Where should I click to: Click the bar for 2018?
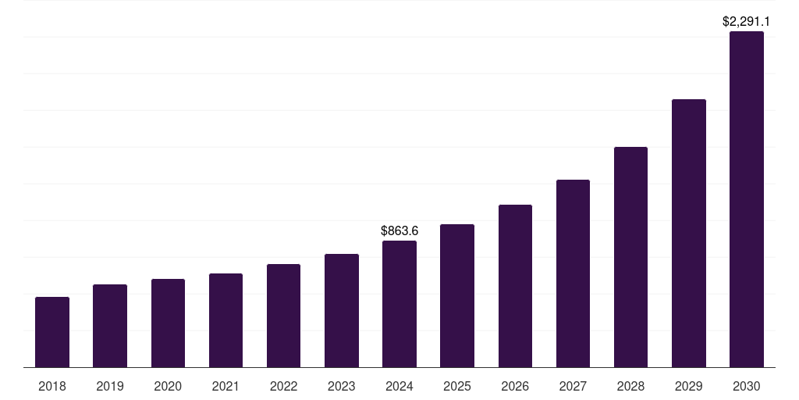tap(52, 332)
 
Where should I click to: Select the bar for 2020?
tap(168, 323)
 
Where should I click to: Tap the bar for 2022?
tap(283, 316)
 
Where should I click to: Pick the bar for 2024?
tap(399, 304)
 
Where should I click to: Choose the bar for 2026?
tap(515, 286)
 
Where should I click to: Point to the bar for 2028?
tap(630, 257)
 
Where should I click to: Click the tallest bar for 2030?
tap(747, 199)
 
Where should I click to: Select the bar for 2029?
tap(689, 233)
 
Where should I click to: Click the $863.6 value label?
tap(399, 231)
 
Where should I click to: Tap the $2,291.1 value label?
tap(747, 22)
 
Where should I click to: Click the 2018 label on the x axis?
tap(52, 387)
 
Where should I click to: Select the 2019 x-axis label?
tap(110, 387)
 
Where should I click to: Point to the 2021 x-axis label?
tap(225, 387)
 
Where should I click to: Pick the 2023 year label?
tap(342, 387)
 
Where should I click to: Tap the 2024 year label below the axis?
tap(399, 387)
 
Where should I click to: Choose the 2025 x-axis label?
tap(457, 387)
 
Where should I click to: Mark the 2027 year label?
tap(573, 387)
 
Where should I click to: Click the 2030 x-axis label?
tap(747, 387)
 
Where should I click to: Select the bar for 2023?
tap(342, 310)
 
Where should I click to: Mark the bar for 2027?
tap(573, 273)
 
